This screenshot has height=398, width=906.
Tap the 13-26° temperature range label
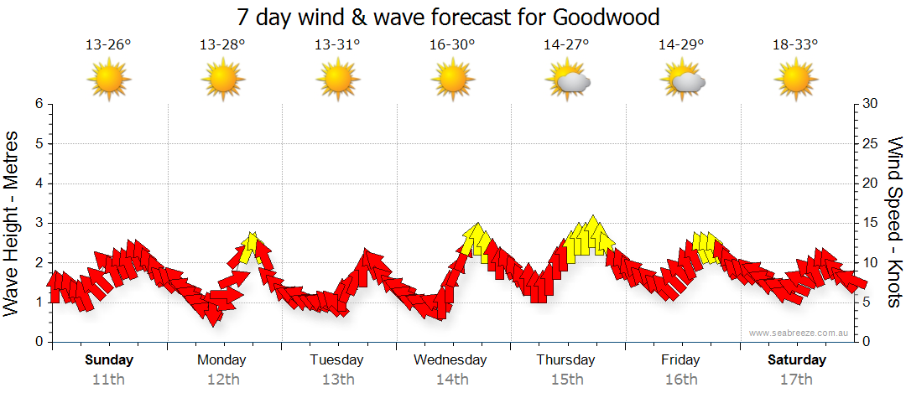click(108, 45)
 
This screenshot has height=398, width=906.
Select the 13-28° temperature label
click(222, 45)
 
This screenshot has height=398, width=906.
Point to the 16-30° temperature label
click(452, 45)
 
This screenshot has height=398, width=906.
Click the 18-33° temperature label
click(795, 45)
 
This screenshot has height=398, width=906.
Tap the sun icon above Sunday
click(108, 80)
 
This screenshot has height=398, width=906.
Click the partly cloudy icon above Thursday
click(568, 80)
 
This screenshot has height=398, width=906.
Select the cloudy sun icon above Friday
click(682, 80)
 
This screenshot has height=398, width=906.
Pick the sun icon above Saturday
click(795, 80)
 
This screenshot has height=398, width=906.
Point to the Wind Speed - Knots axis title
click(894, 222)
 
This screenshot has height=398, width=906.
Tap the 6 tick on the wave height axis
click(38, 104)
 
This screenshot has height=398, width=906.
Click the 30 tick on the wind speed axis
click(871, 104)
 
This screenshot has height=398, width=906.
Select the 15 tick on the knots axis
click(871, 223)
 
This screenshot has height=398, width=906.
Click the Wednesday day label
click(451, 360)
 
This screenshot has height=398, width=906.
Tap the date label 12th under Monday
click(222, 379)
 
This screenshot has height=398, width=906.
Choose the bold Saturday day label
click(796, 360)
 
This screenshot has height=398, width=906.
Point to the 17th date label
click(796, 379)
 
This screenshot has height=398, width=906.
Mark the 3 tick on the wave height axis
click(38, 223)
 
